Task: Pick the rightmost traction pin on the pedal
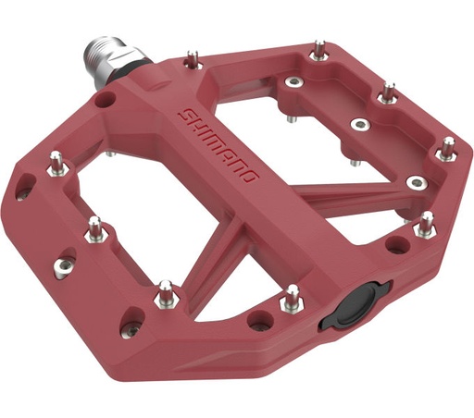click(447, 147)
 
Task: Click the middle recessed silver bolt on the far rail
click(356, 124)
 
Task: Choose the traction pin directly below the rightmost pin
click(427, 222)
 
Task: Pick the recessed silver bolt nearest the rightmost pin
click(418, 181)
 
